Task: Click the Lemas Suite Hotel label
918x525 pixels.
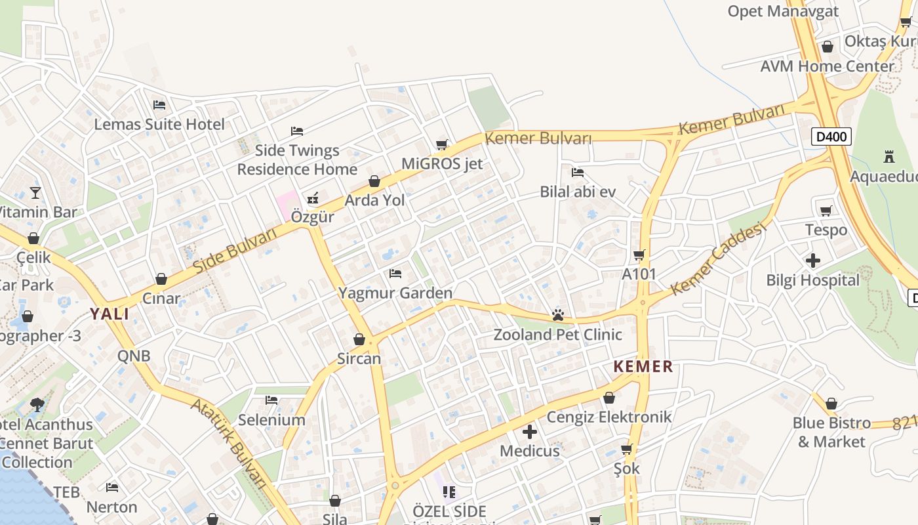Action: (159, 124)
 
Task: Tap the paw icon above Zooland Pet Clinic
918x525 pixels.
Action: (558, 315)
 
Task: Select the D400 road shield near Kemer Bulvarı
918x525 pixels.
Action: (831, 136)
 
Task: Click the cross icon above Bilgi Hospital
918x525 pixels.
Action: (813, 261)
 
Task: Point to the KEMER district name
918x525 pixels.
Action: (643, 367)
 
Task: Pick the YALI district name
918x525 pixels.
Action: (110, 314)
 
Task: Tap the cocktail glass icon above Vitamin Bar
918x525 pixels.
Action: (35, 193)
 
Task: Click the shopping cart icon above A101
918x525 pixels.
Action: (639, 255)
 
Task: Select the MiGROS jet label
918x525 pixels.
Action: (442, 163)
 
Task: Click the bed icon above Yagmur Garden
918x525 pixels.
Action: (395, 274)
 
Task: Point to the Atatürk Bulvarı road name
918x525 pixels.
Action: (229, 443)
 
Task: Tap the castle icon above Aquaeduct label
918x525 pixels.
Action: (889, 157)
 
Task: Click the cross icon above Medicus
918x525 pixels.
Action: (530, 432)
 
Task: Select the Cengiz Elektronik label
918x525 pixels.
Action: (609, 417)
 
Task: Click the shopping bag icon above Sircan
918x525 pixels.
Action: (359, 339)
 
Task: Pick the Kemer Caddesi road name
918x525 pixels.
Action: (718, 259)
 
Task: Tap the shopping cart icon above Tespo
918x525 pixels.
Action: (826, 211)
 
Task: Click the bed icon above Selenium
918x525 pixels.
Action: (271, 400)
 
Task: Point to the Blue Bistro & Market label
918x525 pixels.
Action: (831, 432)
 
